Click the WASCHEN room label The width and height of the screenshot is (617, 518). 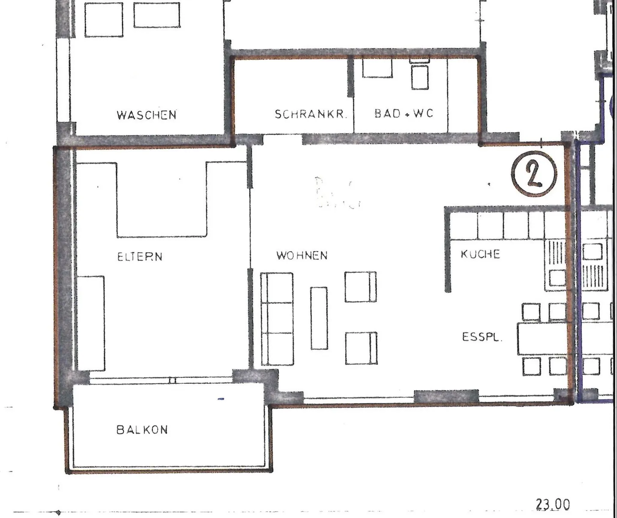[146, 115]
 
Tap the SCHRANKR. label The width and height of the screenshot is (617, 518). [310, 114]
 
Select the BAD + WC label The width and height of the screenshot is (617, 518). [404, 114]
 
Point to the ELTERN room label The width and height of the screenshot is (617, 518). [140, 256]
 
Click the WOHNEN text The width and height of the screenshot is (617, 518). [302, 256]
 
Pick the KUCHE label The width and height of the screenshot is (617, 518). [480, 254]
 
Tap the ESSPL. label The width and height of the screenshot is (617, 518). [482, 337]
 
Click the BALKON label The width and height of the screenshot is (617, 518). [142, 429]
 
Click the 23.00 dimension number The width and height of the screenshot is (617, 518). [553, 505]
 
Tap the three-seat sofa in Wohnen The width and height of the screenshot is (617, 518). [277, 319]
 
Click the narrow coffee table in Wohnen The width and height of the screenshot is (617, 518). [319, 318]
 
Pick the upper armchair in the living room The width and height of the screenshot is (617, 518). [360, 286]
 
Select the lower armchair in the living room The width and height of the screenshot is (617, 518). [361, 348]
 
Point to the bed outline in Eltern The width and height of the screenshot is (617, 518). [162, 199]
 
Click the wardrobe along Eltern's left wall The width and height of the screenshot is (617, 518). [91, 323]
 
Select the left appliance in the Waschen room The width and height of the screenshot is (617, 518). [103, 20]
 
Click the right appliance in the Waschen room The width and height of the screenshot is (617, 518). [156, 15]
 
